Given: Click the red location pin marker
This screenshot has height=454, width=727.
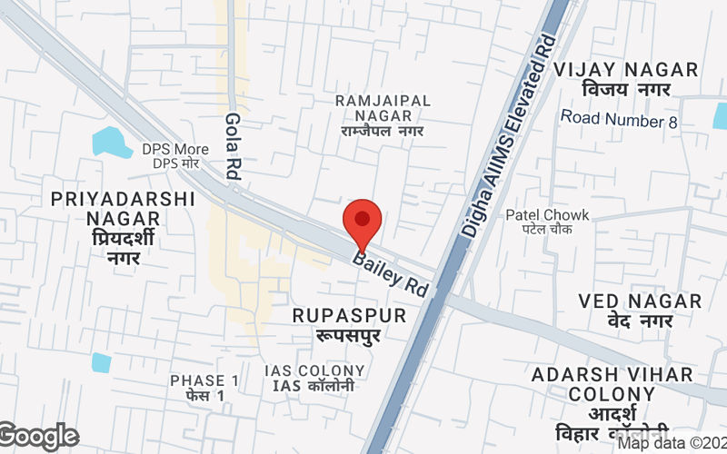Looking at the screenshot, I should pyautogui.click(x=362, y=221).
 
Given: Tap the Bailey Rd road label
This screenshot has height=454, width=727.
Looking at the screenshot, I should pyautogui.click(x=391, y=273).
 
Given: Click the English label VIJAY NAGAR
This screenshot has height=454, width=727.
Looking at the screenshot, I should pyautogui.click(x=626, y=70).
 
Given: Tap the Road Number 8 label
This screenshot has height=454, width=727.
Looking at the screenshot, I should pyautogui.click(x=619, y=118).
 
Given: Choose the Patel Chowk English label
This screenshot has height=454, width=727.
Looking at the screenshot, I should pyautogui.click(x=547, y=215).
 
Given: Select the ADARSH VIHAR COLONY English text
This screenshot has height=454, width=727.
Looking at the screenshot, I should pyautogui.click(x=612, y=384).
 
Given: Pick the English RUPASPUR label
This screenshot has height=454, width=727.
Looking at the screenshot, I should pyautogui.click(x=349, y=314).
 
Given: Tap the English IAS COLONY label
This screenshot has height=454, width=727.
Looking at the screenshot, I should pyautogui.click(x=314, y=371).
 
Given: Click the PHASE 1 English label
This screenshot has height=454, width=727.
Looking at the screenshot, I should pyautogui.click(x=204, y=380).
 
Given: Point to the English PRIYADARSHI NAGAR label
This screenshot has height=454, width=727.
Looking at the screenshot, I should pyautogui.click(x=123, y=209).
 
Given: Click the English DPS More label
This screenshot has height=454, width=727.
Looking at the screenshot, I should pyautogui.click(x=174, y=149).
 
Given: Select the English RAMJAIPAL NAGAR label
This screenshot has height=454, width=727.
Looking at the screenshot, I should pyautogui.click(x=383, y=108).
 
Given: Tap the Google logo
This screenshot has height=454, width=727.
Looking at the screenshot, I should pyautogui.click(x=38, y=437).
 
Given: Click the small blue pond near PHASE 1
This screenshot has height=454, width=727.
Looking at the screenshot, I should pyautogui.click(x=101, y=362).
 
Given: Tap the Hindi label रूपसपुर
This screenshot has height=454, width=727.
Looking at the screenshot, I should pyautogui.click(x=349, y=335).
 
